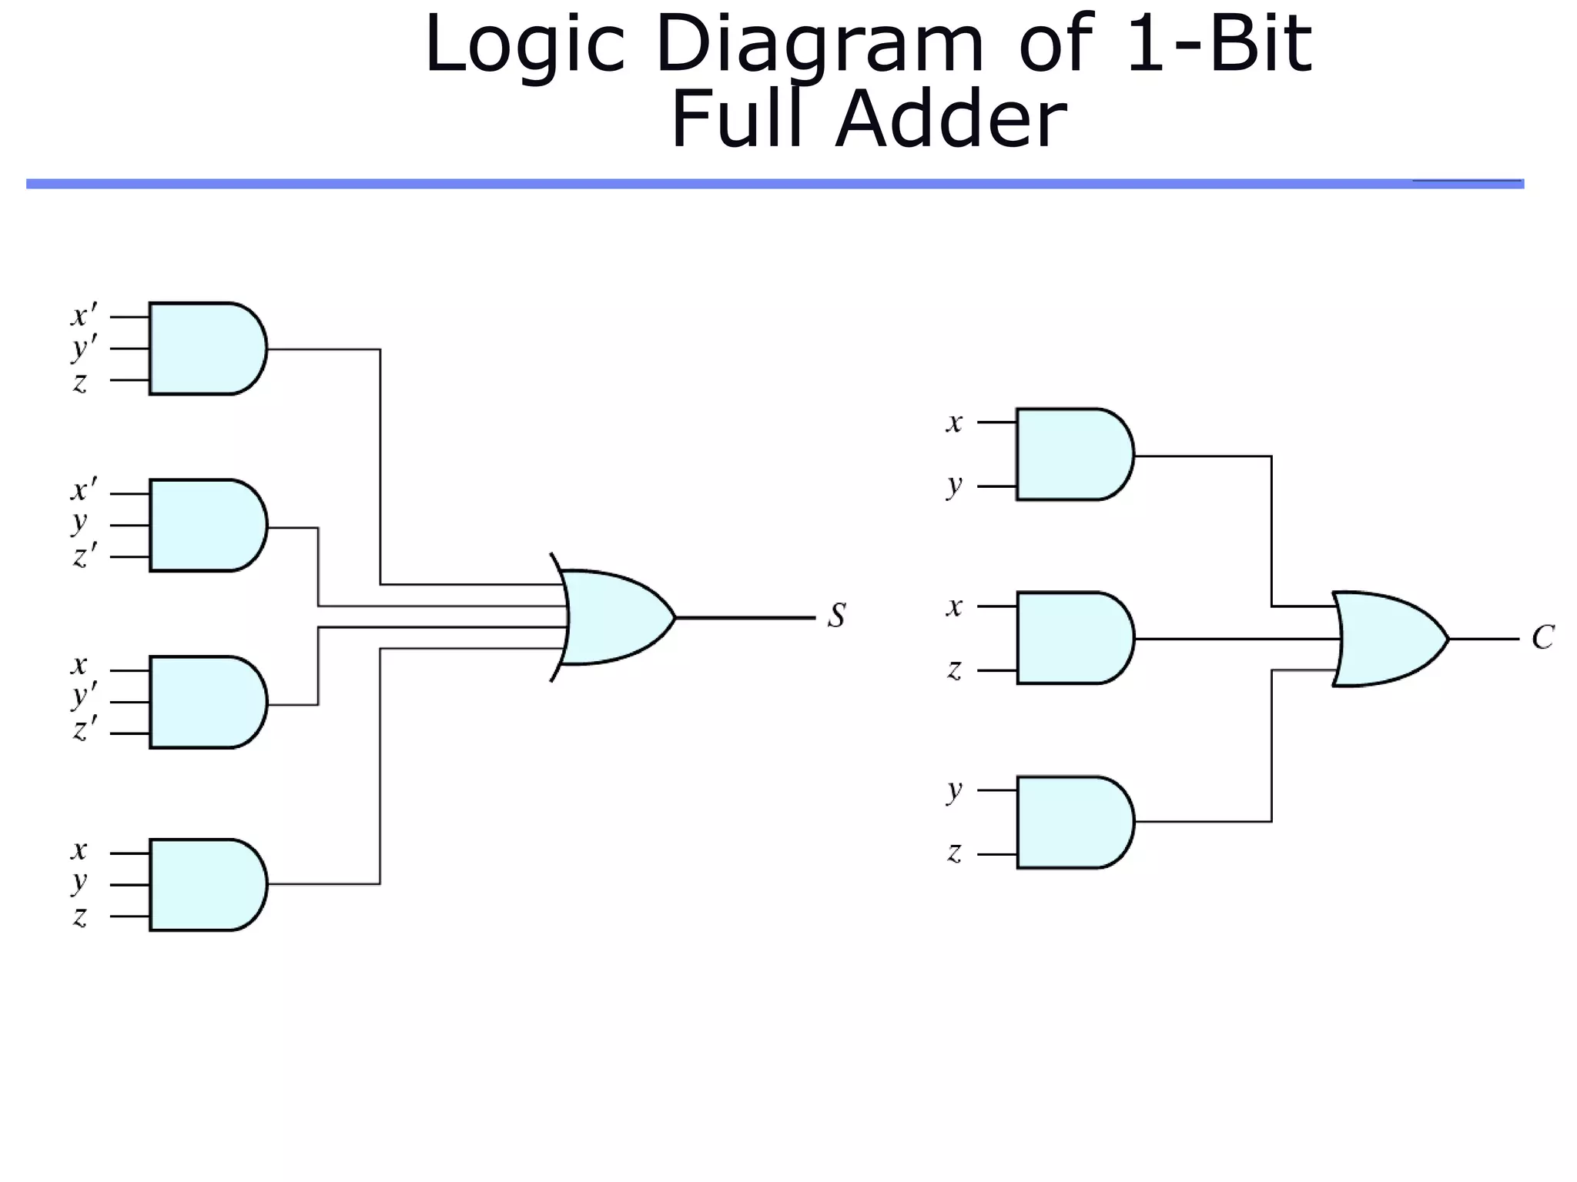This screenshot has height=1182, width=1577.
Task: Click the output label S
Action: pos(837,616)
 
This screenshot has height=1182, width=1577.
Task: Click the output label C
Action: pos(1542,637)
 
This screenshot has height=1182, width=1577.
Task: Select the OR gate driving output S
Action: pos(616,617)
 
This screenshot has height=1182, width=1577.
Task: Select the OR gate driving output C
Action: pos(1390,639)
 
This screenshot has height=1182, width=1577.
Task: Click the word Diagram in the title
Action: pos(819,46)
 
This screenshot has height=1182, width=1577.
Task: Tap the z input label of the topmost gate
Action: pos(80,382)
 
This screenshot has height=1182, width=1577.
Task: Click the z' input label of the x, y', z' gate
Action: pos(84,728)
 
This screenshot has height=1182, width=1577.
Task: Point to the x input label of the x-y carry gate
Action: pos(954,422)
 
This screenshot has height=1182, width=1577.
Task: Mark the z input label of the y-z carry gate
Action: pos(954,853)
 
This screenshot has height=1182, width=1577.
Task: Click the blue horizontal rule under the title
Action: pos(770,184)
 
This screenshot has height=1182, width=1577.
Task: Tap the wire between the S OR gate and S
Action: pos(743,617)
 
